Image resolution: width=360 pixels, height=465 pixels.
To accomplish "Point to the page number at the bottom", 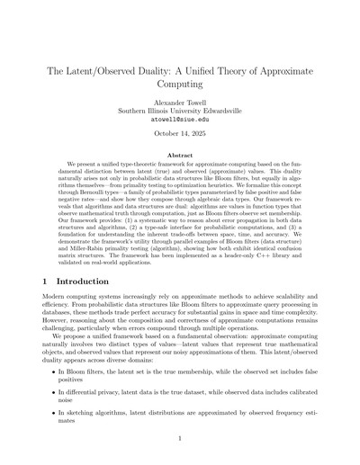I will [180, 438].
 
